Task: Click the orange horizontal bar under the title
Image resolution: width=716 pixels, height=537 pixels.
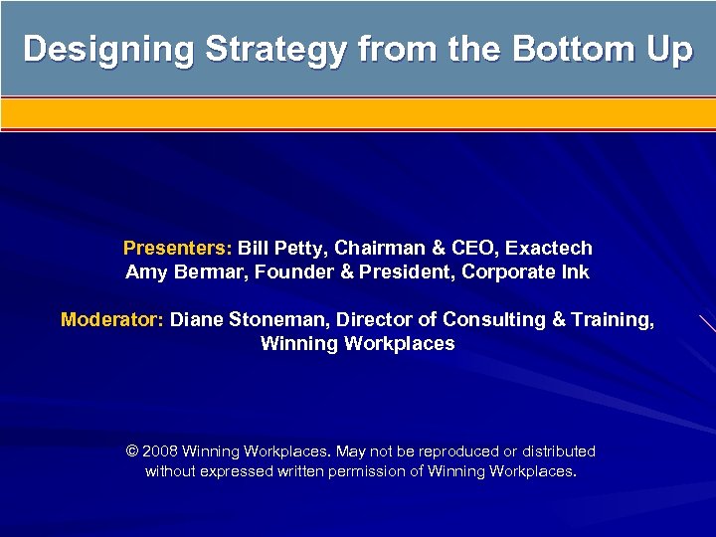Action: [358, 113]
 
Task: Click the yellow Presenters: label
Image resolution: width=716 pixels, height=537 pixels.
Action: [178, 248]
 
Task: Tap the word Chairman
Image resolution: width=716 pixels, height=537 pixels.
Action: [380, 248]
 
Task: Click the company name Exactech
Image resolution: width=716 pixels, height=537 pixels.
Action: [549, 248]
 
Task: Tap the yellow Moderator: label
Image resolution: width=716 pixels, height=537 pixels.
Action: [112, 320]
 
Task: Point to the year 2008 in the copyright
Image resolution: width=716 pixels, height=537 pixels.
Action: [160, 451]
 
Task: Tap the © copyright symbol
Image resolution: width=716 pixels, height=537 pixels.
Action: [132, 451]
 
